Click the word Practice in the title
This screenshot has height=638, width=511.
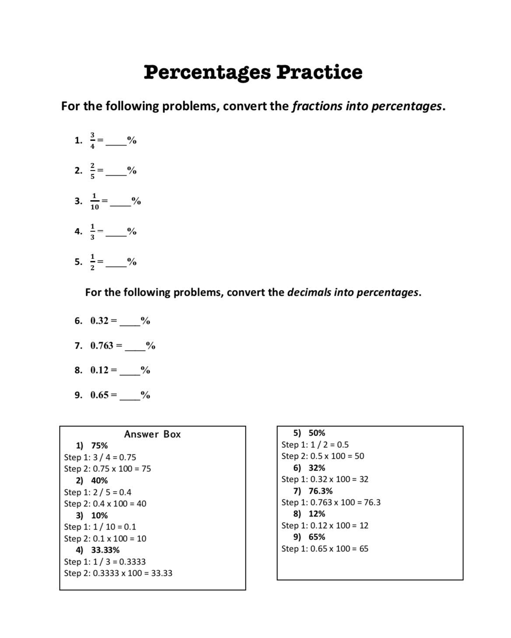click(319, 73)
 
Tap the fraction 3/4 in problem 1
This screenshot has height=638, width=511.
click(92, 140)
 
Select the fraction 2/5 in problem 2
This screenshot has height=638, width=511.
click(92, 170)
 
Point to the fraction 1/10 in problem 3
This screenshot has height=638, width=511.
click(94, 201)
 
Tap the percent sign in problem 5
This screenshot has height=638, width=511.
click(132, 262)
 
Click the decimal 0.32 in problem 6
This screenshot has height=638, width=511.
click(99, 321)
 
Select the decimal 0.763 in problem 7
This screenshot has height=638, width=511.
click(102, 346)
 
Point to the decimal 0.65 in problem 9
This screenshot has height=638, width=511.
click(99, 395)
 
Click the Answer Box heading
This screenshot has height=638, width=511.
click(152, 434)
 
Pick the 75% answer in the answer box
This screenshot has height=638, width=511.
click(99, 446)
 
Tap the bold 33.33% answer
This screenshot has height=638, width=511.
click(105, 550)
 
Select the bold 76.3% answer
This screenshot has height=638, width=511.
click(320, 491)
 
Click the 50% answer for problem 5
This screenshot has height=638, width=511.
click(317, 433)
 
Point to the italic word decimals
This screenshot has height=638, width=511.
click(308, 292)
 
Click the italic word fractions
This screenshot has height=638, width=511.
click(317, 106)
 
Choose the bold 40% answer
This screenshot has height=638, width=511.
click(99, 481)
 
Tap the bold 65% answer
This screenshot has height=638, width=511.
click(317, 537)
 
